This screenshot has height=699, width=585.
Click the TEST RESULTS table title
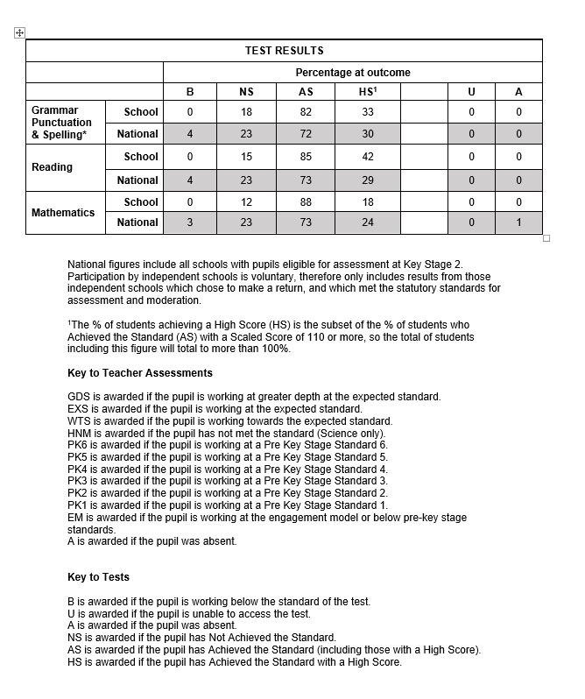pos(284,51)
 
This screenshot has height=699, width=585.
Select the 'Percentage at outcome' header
pos(352,73)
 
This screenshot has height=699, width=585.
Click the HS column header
pos(367,92)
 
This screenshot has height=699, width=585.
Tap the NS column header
pos(246,92)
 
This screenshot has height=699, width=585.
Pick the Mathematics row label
pos(63,213)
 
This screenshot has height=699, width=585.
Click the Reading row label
pos(52,167)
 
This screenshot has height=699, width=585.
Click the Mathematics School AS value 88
pos(307,202)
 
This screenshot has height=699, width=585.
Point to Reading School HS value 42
pos(368,157)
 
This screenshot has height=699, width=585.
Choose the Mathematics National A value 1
pos(518,222)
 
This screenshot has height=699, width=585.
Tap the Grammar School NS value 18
pos(246,111)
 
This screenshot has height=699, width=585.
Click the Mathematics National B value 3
pos(190,222)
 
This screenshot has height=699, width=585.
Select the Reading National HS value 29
pos(368,180)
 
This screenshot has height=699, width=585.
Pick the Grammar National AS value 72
pos(307,134)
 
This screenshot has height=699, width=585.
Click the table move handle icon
pos(19,33)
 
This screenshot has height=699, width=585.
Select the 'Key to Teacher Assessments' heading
pos(139,373)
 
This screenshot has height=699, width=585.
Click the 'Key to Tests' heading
pos(98,577)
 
